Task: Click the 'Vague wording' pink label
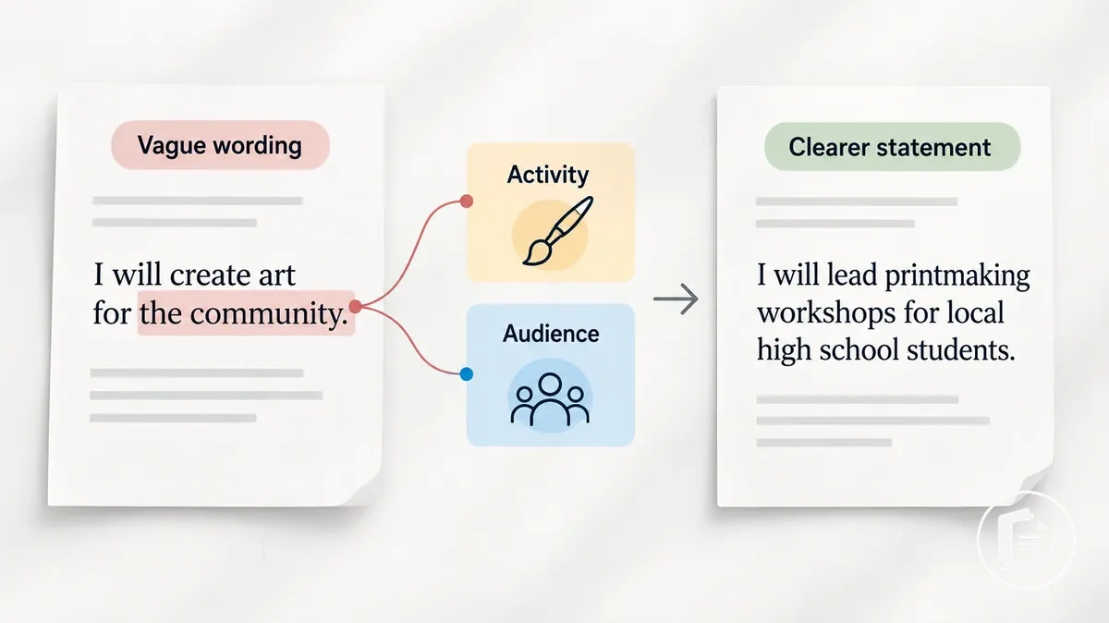point(220,145)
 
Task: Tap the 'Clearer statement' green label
point(892,147)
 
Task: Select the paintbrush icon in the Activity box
point(558,231)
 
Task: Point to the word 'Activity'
point(547,175)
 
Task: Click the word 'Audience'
point(551,334)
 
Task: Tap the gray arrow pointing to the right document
point(676,299)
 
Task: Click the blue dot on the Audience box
point(466,374)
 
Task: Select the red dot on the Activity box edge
point(466,202)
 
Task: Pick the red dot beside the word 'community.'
point(355,307)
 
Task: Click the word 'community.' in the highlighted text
point(269,313)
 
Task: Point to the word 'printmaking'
point(957,276)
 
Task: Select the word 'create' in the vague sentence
point(209,275)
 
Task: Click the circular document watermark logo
point(1026,540)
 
